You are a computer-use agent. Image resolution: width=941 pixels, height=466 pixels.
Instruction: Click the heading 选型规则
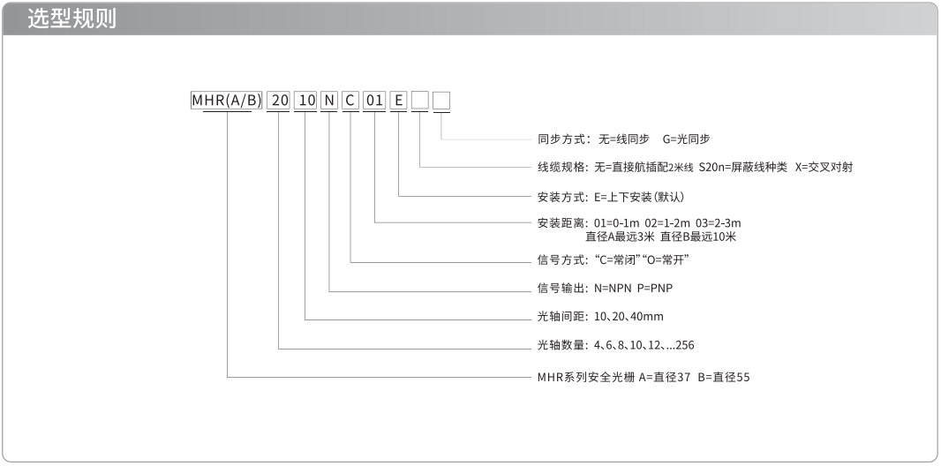72,19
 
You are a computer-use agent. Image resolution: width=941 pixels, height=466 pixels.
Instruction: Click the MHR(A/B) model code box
227,100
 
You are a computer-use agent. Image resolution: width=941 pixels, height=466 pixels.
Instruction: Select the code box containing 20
279,100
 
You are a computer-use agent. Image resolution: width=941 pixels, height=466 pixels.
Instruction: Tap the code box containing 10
306,100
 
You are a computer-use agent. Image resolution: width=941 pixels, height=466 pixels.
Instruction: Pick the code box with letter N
329,100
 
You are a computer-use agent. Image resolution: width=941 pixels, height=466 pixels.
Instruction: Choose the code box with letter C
351,100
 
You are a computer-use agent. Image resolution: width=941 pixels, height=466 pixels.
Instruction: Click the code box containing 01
375,100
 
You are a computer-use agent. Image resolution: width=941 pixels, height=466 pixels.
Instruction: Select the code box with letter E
398,100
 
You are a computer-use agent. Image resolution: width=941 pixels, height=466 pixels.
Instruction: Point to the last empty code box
441,100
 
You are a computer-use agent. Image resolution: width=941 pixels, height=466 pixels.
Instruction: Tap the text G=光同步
687,139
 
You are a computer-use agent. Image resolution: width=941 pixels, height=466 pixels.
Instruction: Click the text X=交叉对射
824,168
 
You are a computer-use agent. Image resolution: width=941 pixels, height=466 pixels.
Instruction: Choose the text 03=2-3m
719,223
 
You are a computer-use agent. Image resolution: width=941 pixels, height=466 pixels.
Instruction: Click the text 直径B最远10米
698,237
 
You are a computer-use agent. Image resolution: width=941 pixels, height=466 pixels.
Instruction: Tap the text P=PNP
655,289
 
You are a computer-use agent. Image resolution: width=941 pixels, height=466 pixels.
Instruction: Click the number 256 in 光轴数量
685,345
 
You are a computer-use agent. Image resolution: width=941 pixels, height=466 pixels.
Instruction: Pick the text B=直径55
724,378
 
